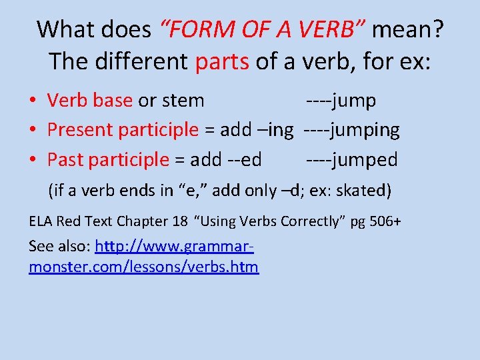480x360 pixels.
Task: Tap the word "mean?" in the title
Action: click(x=407, y=29)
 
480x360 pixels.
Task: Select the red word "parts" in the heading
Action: click(x=222, y=62)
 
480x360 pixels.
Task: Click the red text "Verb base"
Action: click(x=90, y=101)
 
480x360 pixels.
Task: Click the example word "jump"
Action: click(x=354, y=101)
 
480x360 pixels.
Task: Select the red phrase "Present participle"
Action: click(x=123, y=130)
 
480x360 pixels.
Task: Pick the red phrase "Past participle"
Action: click(x=109, y=160)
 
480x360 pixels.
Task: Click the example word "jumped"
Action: click(x=365, y=160)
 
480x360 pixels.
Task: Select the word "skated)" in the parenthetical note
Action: click(x=364, y=191)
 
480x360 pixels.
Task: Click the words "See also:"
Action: click(x=59, y=247)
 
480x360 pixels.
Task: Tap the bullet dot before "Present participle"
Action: click(x=33, y=130)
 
